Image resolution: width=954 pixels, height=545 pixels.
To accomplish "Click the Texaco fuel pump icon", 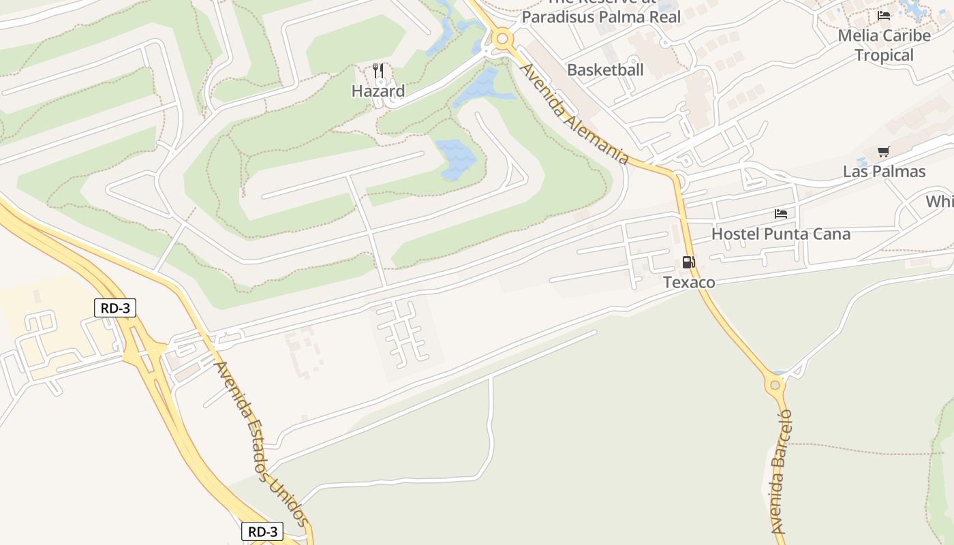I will click(688, 262).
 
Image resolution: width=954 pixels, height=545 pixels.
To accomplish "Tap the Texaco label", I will click(689, 282).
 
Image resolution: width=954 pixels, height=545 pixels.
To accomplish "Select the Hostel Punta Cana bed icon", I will click(781, 214).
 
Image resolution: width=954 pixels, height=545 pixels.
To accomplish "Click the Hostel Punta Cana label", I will click(781, 234).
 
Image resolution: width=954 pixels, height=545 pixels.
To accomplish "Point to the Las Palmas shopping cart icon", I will click(883, 151).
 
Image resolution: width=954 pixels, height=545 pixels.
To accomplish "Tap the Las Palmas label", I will click(884, 172).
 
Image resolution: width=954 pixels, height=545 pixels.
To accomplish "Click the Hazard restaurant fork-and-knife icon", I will click(378, 71).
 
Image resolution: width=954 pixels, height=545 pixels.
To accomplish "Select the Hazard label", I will click(378, 91).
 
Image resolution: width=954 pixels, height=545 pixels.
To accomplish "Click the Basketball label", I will click(605, 69).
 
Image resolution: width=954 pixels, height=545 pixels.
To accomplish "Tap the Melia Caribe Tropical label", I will click(884, 45).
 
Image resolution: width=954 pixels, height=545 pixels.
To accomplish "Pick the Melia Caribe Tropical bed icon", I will click(884, 15).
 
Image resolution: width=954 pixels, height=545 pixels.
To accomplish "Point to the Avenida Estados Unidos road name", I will click(262, 443).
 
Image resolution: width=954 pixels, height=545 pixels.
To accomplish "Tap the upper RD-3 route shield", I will click(115, 308).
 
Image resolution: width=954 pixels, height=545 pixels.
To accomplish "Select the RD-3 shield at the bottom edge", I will click(262, 531).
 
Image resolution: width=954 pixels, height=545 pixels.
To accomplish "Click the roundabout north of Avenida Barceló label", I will click(775, 386).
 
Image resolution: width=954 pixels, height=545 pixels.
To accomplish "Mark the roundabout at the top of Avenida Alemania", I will click(503, 39).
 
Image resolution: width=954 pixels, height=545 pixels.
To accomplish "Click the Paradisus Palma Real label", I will click(601, 16).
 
